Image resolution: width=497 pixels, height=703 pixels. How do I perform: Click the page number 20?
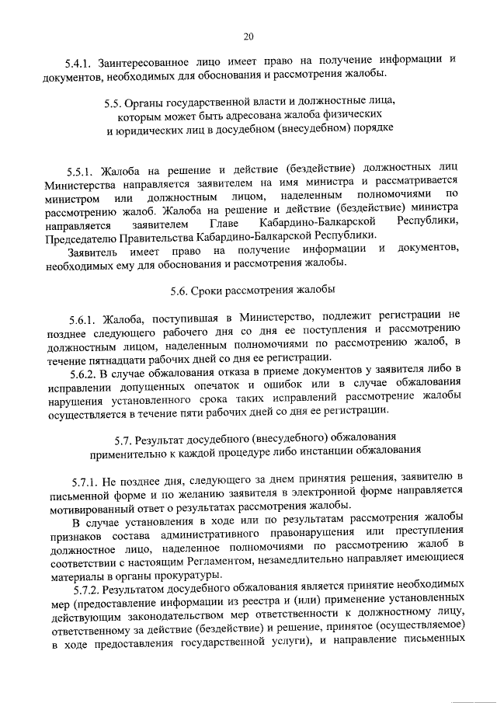pos(248,36)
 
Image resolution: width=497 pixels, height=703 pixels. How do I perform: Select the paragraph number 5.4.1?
pos(79,61)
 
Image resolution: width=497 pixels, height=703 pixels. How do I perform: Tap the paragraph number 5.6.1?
pos(81,317)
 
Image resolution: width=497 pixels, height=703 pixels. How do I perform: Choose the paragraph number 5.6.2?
pos(81,371)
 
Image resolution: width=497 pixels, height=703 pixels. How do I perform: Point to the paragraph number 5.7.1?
pos(81,475)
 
